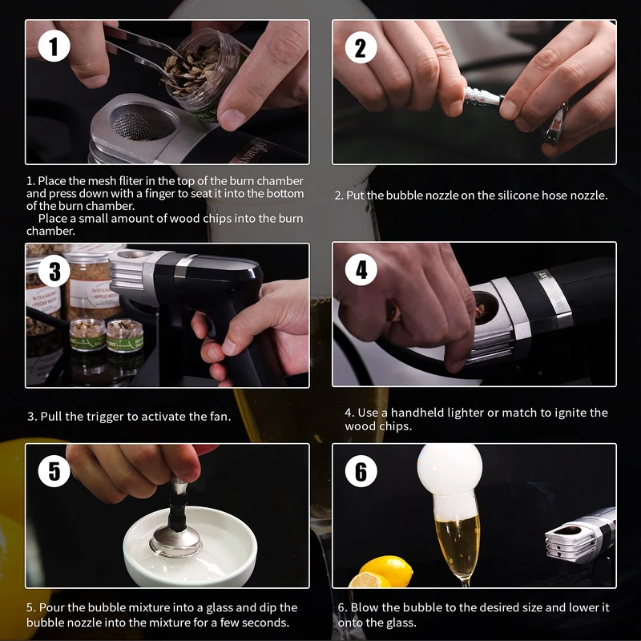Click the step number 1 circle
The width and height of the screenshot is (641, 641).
54,46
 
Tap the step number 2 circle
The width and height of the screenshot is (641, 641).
361,48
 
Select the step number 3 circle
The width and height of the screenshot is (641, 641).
54,271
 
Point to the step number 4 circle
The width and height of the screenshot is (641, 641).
361,270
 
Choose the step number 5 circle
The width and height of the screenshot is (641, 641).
54,470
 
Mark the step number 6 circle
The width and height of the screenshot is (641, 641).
361,471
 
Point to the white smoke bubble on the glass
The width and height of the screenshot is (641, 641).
450,470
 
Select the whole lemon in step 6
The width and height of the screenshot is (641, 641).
386,570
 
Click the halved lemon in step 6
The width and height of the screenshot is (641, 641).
367,580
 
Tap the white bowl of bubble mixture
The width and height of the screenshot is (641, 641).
190,546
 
